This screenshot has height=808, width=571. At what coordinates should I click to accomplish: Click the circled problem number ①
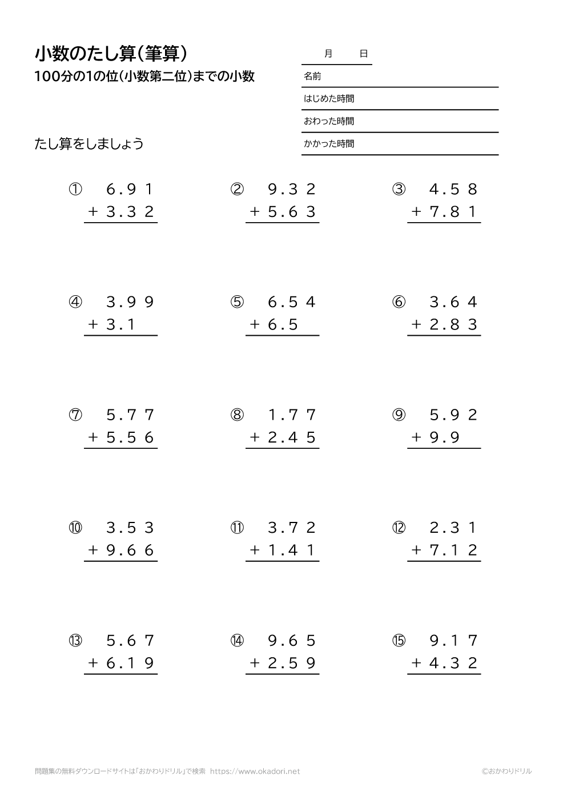coord(75,190)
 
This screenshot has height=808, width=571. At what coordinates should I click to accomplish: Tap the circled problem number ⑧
coord(237,415)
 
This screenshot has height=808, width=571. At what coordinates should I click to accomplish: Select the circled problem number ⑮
coord(399,641)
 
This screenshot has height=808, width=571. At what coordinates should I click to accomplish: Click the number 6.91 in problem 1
coord(130,190)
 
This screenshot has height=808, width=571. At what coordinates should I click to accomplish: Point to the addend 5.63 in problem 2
coord(292,212)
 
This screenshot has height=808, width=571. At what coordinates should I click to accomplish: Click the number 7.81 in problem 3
coord(453,212)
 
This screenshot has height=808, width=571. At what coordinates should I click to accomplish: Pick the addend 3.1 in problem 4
coord(120,325)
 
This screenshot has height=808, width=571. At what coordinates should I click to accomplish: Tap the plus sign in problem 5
coord(255,325)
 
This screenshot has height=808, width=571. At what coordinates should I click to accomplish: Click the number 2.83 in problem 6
coord(453,325)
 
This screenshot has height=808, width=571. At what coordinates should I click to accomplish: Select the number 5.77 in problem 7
coord(130,415)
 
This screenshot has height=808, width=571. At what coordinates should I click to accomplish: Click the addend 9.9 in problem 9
coord(444,438)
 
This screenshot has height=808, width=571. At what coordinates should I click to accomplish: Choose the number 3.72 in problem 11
coord(292,528)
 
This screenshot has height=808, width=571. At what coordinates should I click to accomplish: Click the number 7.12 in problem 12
coord(453,550)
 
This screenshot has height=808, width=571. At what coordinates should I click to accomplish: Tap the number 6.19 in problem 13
coord(130,664)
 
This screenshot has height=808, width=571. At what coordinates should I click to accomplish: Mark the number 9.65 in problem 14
coord(292,641)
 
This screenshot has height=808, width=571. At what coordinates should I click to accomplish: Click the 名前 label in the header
coord(312,76)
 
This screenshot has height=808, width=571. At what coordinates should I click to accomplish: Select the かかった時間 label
coord(329,144)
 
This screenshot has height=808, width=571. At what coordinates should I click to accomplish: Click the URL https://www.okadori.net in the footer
coord(255,771)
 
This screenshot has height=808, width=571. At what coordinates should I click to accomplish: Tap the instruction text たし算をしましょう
coord(89,144)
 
